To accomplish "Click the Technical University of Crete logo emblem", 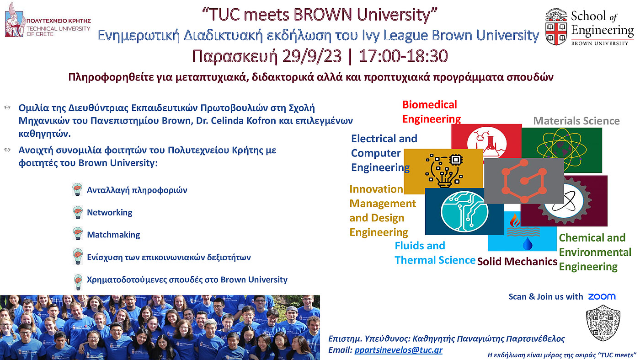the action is (x=14, y=20).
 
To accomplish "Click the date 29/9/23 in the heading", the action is (x=312, y=56).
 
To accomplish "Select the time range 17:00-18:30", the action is (x=403, y=56).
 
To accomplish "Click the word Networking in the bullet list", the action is (x=109, y=212).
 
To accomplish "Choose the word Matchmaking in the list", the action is (x=113, y=235).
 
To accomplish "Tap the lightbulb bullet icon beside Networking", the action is (x=78, y=212).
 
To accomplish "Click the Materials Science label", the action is (x=576, y=121).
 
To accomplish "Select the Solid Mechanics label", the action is (x=517, y=261).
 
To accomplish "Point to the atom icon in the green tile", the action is (x=561, y=149).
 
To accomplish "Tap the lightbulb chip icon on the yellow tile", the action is (x=444, y=171).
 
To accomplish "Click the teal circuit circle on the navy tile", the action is (x=464, y=212).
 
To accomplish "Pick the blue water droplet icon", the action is (x=528, y=244).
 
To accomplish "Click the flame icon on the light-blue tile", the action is (x=515, y=220).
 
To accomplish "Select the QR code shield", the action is (x=603, y=323).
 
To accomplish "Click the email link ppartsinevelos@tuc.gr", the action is (x=398, y=349).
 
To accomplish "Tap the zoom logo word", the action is (x=602, y=297).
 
